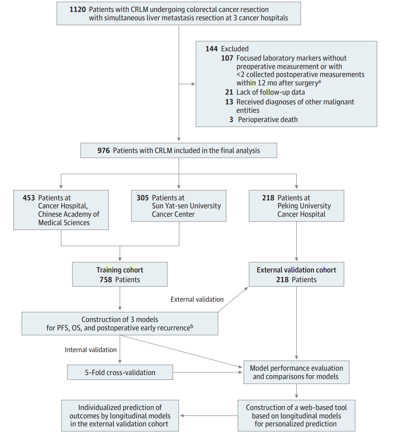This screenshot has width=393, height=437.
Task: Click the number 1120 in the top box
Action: coord(78,9)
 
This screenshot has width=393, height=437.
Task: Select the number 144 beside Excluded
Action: coord(212,49)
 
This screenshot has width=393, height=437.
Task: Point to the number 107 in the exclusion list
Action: coord(227,58)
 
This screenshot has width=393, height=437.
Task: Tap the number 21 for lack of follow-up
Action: coord(229,92)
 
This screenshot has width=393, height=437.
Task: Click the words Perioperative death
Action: coord(268,119)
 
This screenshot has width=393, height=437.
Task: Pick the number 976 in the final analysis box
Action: coord(103,150)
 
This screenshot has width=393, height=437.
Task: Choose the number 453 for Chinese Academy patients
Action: coord(29,198)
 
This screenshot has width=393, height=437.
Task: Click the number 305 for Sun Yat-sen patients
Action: coord(143,198)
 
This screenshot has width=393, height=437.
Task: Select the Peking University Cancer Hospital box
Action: coord(296,206)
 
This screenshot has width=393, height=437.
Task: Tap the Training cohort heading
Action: coord(120,270)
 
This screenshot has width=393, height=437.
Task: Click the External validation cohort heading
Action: coord(296,270)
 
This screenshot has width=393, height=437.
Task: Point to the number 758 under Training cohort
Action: coord(106,280)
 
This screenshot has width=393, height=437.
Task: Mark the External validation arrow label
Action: coord(197,299)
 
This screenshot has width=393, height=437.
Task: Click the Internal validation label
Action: coord(91,350)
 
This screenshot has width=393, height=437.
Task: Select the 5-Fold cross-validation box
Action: coord(120,372)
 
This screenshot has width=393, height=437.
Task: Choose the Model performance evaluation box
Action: coord(296,372)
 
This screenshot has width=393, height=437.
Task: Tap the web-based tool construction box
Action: coord(296,416)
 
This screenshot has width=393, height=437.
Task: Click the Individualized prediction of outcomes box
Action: coord(120,416)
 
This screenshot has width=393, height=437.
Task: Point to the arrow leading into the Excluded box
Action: coord(187,84)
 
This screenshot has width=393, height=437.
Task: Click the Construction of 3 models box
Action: coord(120,324)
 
